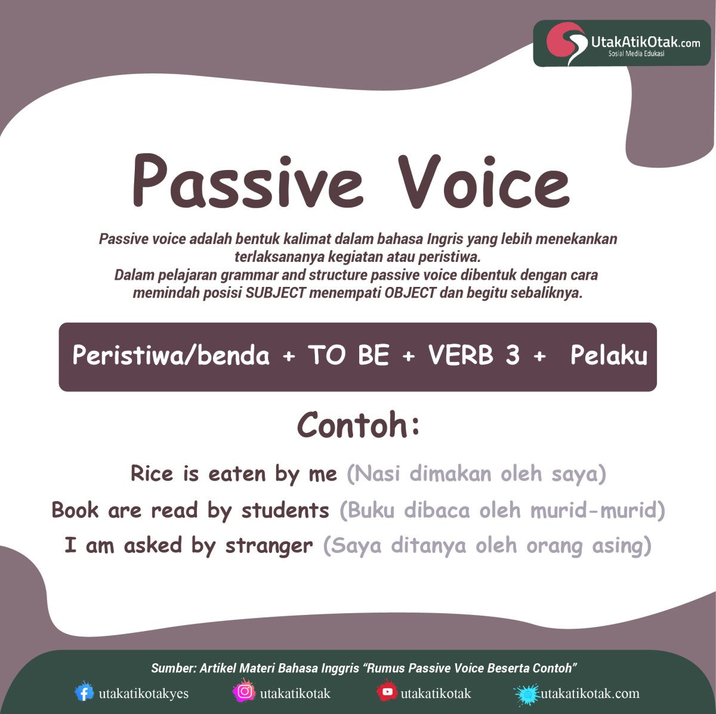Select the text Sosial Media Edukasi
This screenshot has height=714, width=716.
point(636,54)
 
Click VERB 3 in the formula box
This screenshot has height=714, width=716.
point(473,356)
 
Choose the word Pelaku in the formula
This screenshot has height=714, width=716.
point(609,356)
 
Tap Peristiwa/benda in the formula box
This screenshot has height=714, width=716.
point(171,356)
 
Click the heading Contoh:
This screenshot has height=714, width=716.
point(358,425)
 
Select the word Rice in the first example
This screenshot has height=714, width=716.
point(152,474)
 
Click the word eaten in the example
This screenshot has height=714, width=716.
point(237,474)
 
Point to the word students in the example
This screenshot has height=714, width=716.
point(285,511)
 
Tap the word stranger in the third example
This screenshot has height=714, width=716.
point(268,545)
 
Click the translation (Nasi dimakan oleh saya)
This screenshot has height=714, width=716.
point(476,474)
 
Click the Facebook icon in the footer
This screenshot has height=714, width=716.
point(84,693)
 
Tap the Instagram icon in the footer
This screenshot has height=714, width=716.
point(244,692)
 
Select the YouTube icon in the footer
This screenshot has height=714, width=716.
point(387,692)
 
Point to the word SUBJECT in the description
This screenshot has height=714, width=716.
point(276,293)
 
